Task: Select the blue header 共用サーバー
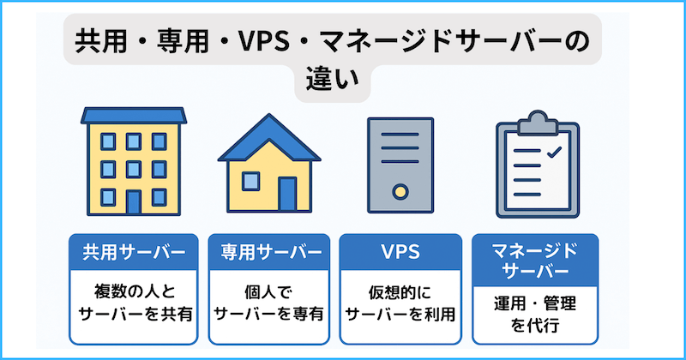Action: [134, 252]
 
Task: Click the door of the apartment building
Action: [133, 201]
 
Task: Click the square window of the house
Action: [250, 181]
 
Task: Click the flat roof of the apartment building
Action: [133, 115]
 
